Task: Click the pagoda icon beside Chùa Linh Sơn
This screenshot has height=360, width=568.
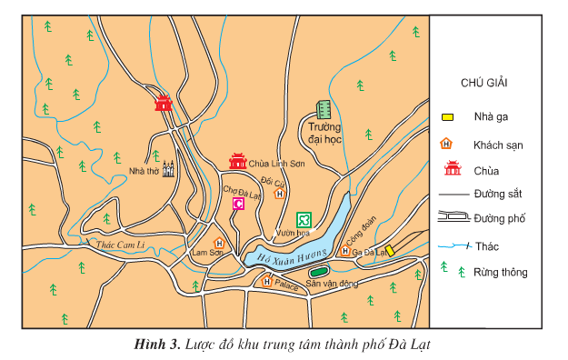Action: (238, 162)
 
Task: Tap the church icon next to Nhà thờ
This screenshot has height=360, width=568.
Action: (167, 169)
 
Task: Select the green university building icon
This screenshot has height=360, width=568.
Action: (322, 110)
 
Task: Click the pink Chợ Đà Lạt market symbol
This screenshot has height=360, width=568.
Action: (239, 205)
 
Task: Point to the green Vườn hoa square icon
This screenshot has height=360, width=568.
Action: (304, 218)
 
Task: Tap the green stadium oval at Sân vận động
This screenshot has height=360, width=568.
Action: (318, 271)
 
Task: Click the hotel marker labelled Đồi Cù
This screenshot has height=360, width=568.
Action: (280, 193)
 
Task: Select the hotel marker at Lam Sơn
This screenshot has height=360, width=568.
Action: (219, 243)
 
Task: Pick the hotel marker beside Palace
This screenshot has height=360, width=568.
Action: (266, 282)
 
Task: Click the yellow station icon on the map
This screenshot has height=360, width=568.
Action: (389, 250)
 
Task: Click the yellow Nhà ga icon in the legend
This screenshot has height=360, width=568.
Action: (447, 117)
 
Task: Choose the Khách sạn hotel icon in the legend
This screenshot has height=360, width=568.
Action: (446, 144)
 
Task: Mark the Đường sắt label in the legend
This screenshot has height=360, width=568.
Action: (497, 194)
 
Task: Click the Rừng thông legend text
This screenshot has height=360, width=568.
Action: (500, 272)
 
